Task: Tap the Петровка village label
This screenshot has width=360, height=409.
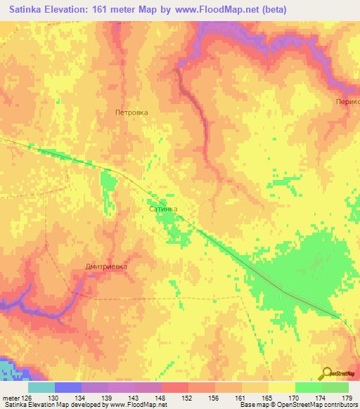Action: pyautogui.click(x=131, y=112)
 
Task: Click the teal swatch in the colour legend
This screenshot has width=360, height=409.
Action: pyautogui.click(x=41, y=387)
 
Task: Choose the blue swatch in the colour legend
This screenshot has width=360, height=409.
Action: pyautogui.click(x=68, y=387)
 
